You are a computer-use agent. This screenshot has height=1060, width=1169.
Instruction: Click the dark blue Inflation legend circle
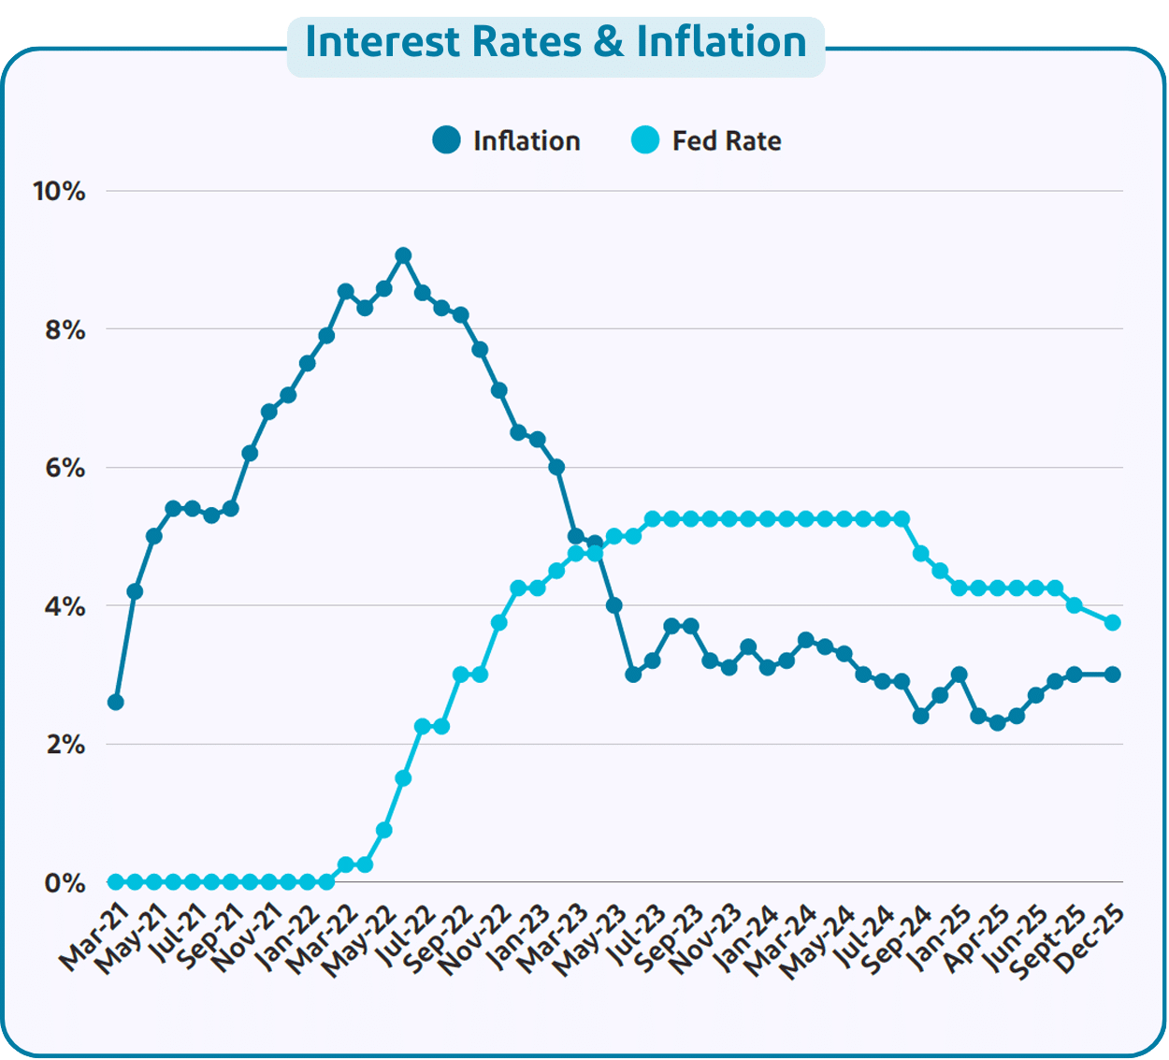coord(447,140)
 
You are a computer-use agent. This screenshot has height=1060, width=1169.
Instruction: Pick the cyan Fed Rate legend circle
coord(645,140)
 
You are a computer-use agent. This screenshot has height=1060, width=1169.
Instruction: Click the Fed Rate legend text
coord(727,141)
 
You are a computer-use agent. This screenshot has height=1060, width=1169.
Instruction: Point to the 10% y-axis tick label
coord(59,192)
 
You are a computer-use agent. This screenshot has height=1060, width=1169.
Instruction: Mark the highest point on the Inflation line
coord(403,255)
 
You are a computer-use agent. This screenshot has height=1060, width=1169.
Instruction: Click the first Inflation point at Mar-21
coord(116,702)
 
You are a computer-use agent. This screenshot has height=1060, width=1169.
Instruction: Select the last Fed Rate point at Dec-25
coord(1113,622)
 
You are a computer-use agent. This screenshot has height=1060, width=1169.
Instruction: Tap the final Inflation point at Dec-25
coord(1113,675)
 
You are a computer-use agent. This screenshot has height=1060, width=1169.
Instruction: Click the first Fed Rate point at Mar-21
coord(116,882)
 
